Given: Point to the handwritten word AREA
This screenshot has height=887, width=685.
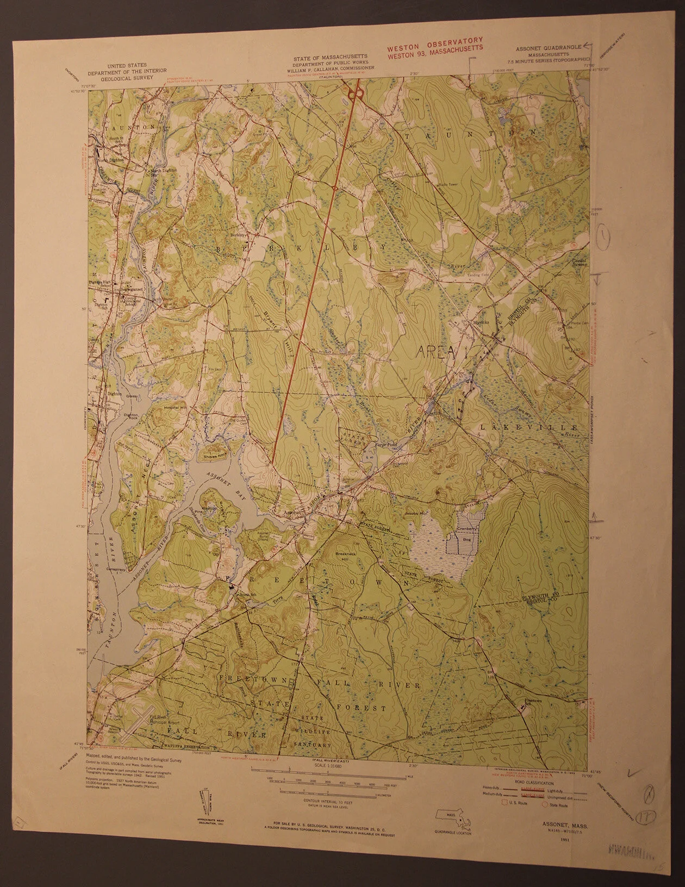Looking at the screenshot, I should click(x=436, y=352).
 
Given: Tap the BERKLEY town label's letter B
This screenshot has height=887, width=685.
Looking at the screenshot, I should click(x=220, y=248).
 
